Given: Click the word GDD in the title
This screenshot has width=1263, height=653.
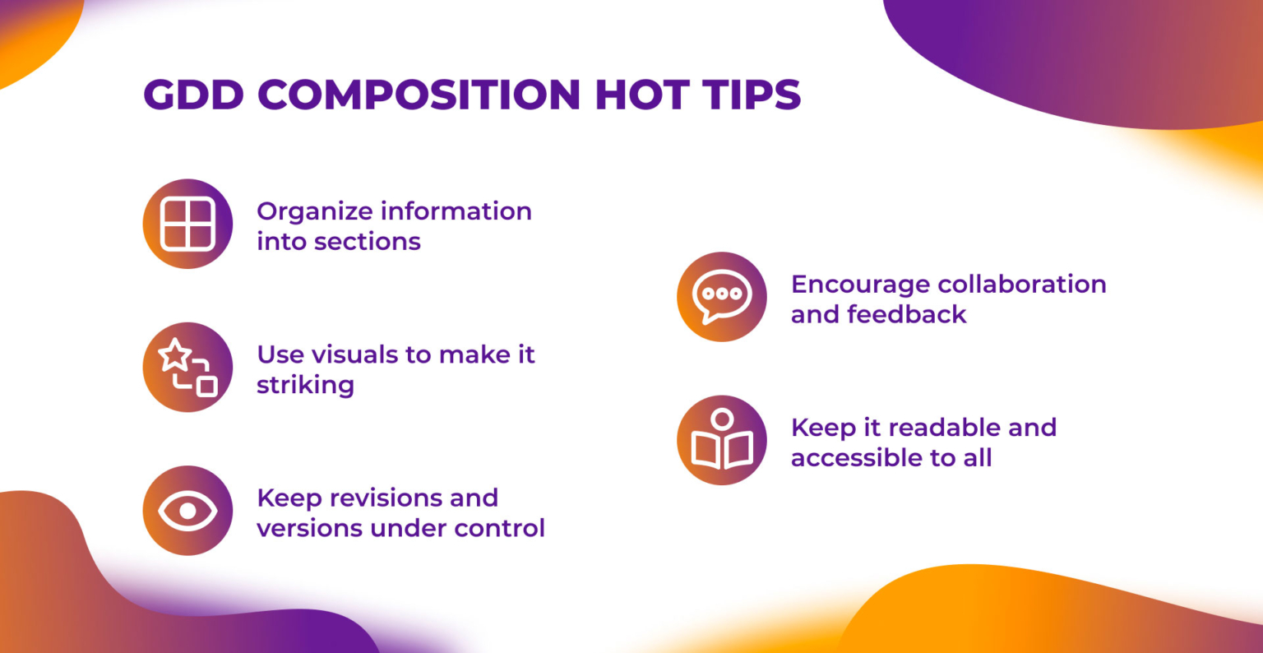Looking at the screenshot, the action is (x=193, y=95).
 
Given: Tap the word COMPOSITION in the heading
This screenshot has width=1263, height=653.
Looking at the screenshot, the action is (x=419, y=95).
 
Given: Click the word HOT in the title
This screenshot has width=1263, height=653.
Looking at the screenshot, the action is (x=641, y=95).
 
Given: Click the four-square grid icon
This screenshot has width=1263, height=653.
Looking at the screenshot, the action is (x=187, y=224).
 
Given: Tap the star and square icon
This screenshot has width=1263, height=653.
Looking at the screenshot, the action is (x=187, y=367).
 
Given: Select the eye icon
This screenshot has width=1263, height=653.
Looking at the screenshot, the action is (x=187, y=511).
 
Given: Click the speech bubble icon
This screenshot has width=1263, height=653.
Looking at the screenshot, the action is (x=722, y=296).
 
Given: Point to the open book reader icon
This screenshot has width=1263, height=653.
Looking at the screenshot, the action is (x=722, y=439).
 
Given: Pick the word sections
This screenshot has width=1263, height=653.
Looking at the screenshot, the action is (x=367, y=242).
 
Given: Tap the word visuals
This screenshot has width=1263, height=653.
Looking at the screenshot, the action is (x=354, y=354).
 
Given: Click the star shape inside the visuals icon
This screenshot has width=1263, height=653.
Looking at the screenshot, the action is (x=174, y=355).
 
